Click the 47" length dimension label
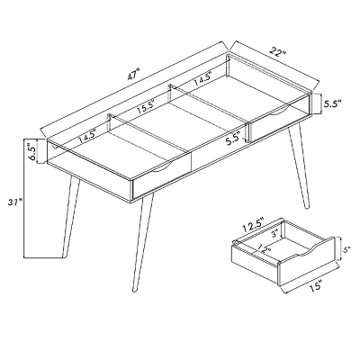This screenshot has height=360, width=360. pos(133,75)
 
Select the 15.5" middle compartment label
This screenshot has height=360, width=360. pos(145,107)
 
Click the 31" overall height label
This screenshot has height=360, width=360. pos(15,202)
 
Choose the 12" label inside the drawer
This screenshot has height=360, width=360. pos(263,247)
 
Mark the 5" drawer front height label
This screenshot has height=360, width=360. pos(346,249)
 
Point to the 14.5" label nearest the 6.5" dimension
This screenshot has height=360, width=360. pos(87,136)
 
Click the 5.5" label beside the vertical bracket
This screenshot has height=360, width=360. pos(332,103)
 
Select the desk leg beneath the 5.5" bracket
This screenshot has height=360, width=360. pos(298,167)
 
